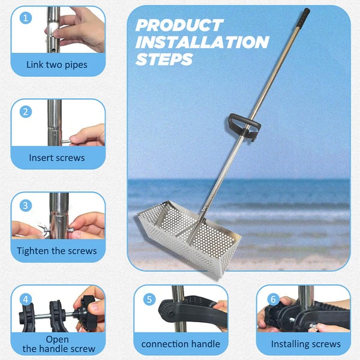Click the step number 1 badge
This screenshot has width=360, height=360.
coord(26,18)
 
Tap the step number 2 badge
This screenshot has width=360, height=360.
coord(26,112)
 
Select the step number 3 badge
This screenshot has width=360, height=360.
coord(26,205)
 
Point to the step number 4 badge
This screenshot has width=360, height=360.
coord(26,299)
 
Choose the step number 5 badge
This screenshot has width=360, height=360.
coord(149,299)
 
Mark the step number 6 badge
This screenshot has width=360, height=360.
coord(273,299)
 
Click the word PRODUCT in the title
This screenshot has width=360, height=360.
coord(179,25)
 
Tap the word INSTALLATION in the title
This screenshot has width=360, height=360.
coord(202,42)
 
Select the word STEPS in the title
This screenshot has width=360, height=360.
coord(164,59)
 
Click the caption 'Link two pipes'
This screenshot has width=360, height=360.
coord(57,65)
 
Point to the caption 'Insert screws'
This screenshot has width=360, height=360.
coord(57,158)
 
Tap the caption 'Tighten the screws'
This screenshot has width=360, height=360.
coord(57,251)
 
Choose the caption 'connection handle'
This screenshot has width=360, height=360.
coord(181,344)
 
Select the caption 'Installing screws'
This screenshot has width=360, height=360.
coord(306,344)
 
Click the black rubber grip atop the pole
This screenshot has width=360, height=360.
coord(303,18)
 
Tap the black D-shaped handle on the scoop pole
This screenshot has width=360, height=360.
coord(244,126)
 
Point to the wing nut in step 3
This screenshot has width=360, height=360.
coord(43,228)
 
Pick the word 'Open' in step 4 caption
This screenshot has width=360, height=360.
coord(57,340)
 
